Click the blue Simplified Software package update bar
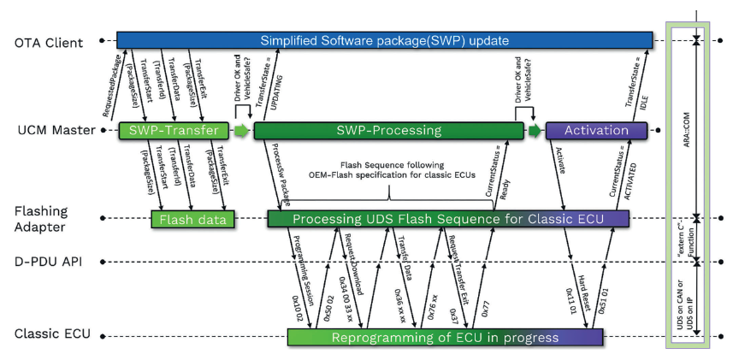[x=384, y=39]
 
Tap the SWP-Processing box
[x=388, y=131]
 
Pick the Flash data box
[x=193, y=220]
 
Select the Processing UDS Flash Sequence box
[x=448, y=220]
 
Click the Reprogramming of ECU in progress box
[x=446, y=338]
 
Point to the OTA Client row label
[x=49, y=41]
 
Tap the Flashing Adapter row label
[x=40, y=220]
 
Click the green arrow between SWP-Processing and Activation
[x=535, y=131]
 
